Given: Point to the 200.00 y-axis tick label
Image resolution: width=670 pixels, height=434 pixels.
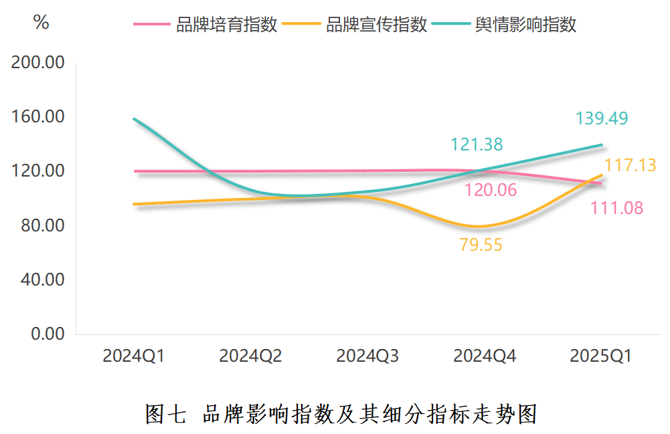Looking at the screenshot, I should (37, 63).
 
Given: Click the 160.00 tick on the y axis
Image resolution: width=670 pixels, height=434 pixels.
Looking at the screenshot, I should (37, 117).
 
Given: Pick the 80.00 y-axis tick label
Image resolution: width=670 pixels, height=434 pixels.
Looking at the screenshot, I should (41, 225).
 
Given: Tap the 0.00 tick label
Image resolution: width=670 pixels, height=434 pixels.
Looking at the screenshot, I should (48, 334).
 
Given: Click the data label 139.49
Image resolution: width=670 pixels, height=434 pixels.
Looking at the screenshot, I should (602, 119).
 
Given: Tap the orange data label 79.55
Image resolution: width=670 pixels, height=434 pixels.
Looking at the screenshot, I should (481, 245).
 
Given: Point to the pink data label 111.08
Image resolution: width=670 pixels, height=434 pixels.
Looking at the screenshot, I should (616, 209).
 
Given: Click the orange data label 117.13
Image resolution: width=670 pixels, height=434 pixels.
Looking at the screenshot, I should (630, 165).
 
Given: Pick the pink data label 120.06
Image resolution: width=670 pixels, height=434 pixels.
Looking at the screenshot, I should (491, 191).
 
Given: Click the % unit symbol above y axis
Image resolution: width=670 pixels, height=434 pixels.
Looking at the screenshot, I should (41, 23).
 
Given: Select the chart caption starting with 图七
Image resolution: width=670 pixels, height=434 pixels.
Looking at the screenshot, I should (341, 414).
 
